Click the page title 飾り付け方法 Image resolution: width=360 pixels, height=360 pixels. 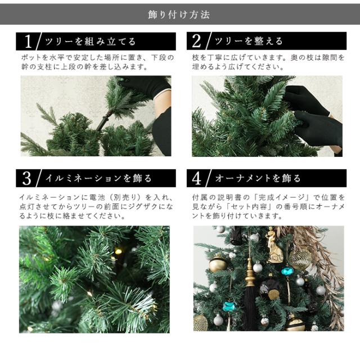point(179,15)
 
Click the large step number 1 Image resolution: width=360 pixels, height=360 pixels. point(28,42)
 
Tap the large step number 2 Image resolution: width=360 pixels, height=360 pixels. point(196,41)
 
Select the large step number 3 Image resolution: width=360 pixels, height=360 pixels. point(27,178)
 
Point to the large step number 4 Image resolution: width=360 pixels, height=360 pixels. point(196,178)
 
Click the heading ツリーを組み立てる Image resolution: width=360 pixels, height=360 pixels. point(91,42)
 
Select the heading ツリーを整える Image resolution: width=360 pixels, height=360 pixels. point(249,41)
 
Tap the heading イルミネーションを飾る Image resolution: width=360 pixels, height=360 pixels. point(98,178)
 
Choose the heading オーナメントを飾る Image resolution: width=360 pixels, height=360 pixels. point(258,178)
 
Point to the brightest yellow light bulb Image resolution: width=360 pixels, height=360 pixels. point(118,251)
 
